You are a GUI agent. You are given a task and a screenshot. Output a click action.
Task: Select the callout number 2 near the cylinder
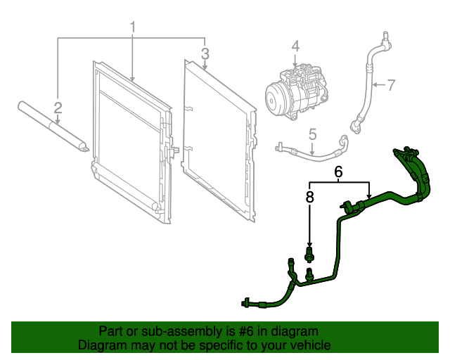(58, 108)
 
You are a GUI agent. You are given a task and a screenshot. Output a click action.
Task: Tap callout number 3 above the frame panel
(205, 53)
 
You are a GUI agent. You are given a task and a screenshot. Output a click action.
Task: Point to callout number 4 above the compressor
(295, 46)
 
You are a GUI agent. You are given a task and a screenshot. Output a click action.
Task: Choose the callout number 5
(313, 134)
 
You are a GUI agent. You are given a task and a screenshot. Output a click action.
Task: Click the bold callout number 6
(338, 172)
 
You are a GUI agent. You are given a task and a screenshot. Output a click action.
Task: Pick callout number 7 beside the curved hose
(391, 85)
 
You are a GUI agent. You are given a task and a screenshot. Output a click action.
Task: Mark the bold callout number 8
(309, 197)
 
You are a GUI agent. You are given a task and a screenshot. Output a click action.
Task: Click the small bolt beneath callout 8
(309, 252)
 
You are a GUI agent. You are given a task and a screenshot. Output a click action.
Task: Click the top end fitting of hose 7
(384, 36)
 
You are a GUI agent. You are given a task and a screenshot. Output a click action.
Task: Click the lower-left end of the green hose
(247, 304)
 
